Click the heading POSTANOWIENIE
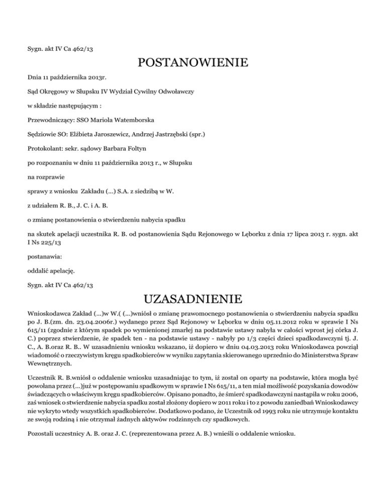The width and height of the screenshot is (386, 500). click(x=193, y=63)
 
